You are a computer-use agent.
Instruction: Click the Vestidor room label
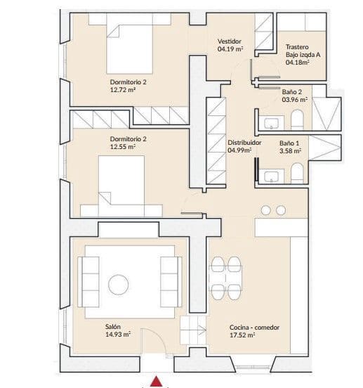pos(230,41)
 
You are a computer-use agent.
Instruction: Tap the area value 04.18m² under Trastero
pos(298,62)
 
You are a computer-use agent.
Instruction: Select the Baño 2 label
pos(292,91)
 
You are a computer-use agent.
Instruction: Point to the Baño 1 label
pos(290,143)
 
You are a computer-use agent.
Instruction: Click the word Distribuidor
pos(245,142)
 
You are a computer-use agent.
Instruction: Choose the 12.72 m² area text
pos(122,89)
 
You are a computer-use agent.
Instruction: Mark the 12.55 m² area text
pos(124,147)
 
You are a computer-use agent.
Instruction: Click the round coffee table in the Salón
pos(118,283)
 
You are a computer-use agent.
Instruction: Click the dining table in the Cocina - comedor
pos(227,278)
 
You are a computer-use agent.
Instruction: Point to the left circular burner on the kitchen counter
pos(266,209)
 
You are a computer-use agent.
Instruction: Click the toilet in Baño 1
pos(297,173)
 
